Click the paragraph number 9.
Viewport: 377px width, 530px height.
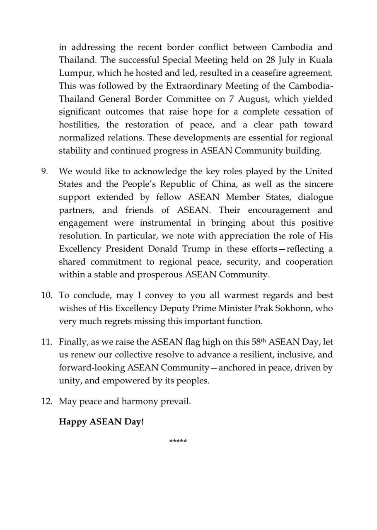click(44, 171)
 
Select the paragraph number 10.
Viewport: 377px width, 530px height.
click(46, 296)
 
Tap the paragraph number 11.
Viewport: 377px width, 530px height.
click(46, 342)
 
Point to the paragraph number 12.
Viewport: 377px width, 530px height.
click(46, 402)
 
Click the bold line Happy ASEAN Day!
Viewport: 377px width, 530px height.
click(101, 422)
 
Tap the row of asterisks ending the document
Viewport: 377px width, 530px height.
click(178, 441)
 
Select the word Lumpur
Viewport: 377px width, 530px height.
click(72, 73)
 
